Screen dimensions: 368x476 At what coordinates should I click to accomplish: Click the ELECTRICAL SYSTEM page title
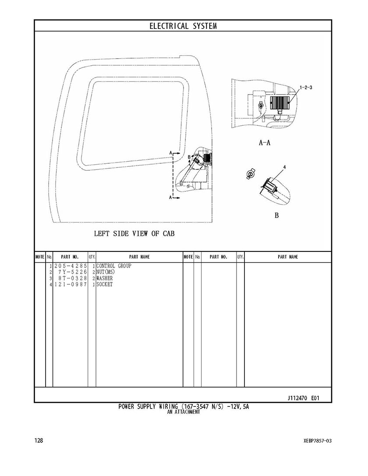click(183, 26)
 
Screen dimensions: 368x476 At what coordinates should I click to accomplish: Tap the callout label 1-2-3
click(306, 88)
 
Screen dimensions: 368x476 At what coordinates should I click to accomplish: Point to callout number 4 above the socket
click(284, 167)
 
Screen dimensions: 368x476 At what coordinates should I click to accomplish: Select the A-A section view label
click(264, 142)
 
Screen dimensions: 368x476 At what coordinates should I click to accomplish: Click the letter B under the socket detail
click(276, 215)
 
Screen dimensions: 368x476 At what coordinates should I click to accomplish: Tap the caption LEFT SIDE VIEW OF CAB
click(134, 233)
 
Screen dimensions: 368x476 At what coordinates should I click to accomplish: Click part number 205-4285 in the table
click(71, 266)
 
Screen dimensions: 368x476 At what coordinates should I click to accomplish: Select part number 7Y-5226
click(73, 272)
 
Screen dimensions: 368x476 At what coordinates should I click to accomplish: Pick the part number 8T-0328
click(73, 279)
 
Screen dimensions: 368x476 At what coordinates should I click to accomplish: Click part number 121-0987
click(71, 285)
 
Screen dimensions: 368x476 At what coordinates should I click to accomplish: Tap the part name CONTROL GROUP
click(114, 266)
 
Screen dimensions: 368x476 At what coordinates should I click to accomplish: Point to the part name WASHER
click(105, 279)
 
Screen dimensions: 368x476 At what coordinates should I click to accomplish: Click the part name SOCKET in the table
click(104, 285)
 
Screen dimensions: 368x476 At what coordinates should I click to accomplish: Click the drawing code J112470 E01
click(303, 398)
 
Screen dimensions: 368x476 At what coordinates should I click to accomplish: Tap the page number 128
click(39, 440)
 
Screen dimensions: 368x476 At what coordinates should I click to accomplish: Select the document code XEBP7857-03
click(315, 441)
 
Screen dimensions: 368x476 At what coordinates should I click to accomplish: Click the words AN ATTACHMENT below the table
click(184, 412)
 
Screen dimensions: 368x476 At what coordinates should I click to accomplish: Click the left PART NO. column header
click(70, 257)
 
